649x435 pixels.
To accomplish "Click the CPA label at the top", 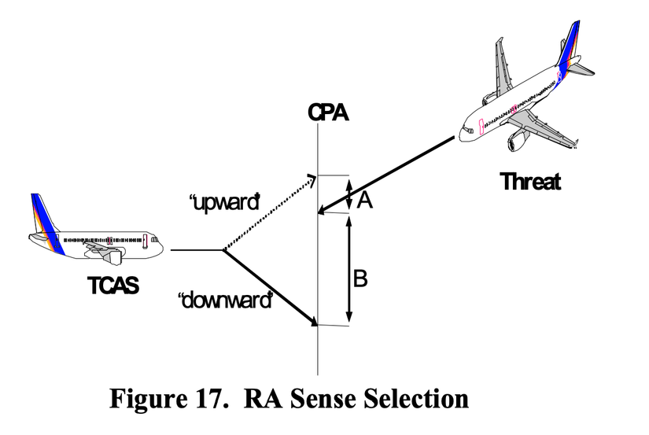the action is pyautogui.click(x=328, y=112).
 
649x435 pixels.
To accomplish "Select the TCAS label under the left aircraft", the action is pyautogui.click(x=113, y=286).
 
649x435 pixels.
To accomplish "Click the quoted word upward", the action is pyautogui.click(x=224, y=203).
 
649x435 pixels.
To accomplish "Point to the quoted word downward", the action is pyautogui.click(x=226, y=300).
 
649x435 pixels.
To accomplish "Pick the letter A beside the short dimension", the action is pyautogui.click(x=364, y=201).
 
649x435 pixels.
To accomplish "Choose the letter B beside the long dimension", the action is pyautogui.click(x=360, y=278).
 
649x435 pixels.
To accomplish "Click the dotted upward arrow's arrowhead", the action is pyautogui.click(x=312, y=180).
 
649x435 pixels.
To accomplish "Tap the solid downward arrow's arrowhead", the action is pyautogui.click(x=312, y=321).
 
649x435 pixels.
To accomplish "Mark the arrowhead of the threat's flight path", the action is pyautogui.click(x=323, y=209).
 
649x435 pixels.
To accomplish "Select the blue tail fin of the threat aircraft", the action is pyautogui.click(x=568, y=46).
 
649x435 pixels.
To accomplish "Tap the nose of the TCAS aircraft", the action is pyautogui.click(x=160, y=249).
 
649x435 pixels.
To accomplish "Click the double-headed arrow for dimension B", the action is pyautogui.click(x=349, y=268).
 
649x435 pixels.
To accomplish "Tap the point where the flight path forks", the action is pyautogui.click(x=223, y=250).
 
